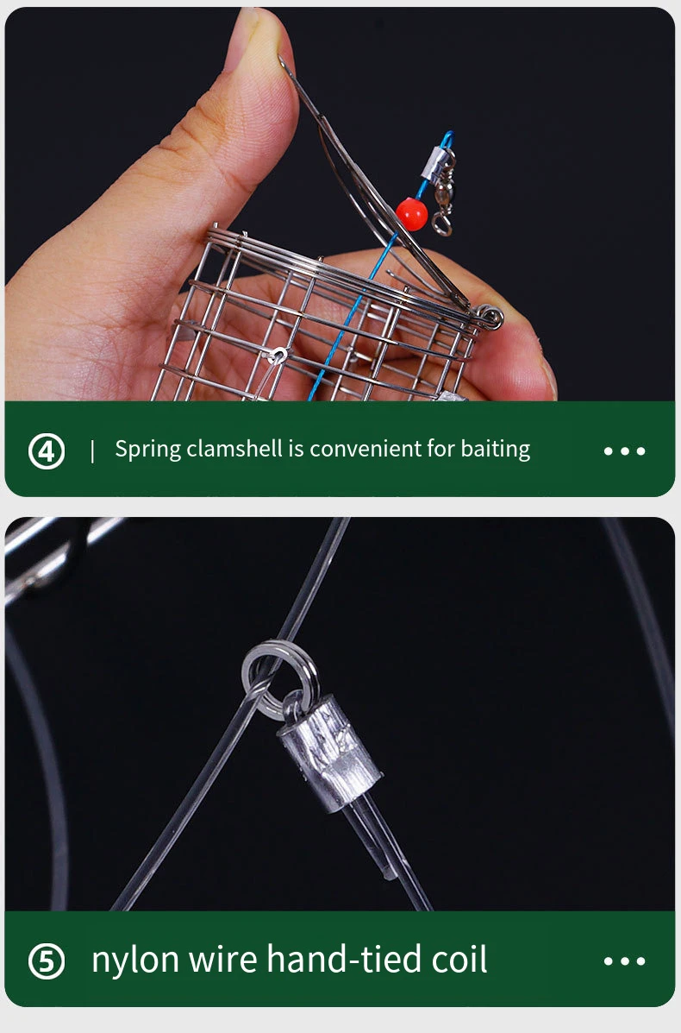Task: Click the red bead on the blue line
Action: click(412, 214)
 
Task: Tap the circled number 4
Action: click(47, 451)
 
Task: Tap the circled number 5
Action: click(47, 961)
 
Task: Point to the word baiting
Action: click(496, 450)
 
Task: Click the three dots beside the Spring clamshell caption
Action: click(624, 451)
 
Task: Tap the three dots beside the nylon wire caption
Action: click(624, 961)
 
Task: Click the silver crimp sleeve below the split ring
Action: click(329, 754)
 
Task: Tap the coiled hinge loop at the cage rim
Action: click(488, 318)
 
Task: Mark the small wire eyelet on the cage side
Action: click(278, 356)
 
